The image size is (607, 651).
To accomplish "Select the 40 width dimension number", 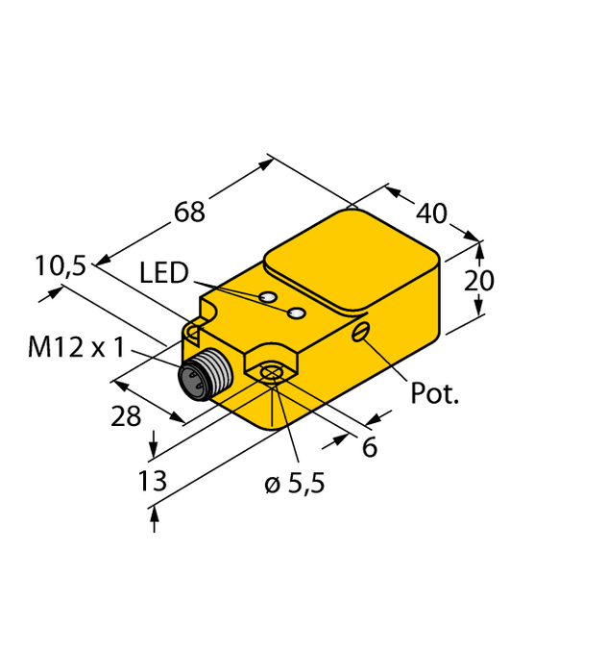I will pos(432,213).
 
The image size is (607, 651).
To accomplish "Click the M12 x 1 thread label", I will pos(76,347).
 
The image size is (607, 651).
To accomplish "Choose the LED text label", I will pos(164,274).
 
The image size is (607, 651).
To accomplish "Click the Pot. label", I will pos(435,392).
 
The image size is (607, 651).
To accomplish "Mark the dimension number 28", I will pos(126,416).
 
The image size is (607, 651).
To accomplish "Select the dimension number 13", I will pos(153,481).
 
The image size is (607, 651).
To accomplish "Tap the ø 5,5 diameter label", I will pos(295,484).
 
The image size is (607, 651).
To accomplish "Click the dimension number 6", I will pos(369,447).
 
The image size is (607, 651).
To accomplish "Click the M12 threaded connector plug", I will pos(202,377).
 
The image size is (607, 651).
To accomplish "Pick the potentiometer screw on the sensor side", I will pos(360,332).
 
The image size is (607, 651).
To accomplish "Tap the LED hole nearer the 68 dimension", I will pos(270,297).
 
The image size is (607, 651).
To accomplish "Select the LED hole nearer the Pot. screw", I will pos(298,313).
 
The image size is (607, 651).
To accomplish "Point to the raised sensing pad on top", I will pos(351,261).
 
